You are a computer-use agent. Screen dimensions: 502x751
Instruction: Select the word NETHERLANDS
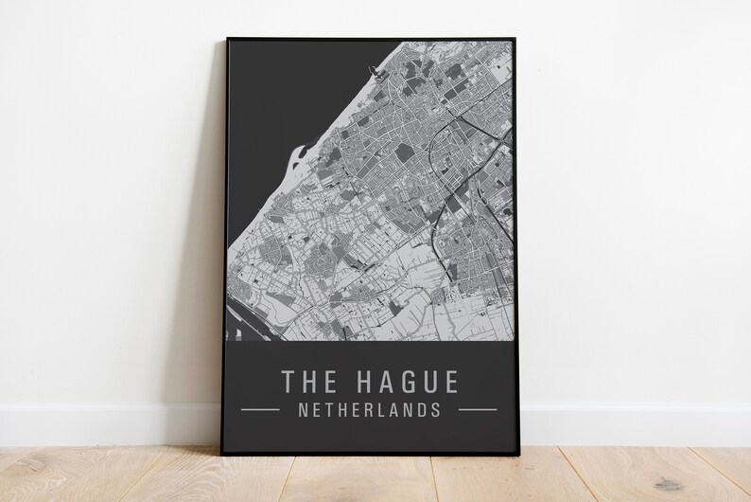click(x=369, y=411)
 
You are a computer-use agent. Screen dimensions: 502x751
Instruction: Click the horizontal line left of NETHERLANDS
click(x=260, y=410)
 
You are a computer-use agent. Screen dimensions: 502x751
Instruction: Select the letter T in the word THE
click(x=288, y=381)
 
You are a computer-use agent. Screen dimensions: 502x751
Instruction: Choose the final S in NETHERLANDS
click(x=435, y=411)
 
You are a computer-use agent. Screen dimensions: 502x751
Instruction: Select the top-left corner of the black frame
click(x=227, y=40)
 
